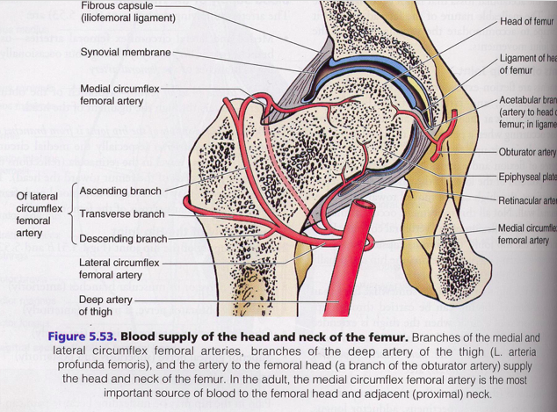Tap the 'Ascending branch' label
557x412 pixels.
tap(121, 191)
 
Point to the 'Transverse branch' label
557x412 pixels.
tap(121, 213)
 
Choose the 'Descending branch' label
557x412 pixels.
tap(123, 238)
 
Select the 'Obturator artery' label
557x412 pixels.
tap(527, 153)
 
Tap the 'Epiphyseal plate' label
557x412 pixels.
tap(527, 177)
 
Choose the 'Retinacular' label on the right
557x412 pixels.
tap(527, 200)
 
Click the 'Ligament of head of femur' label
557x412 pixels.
tap(527, 63)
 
